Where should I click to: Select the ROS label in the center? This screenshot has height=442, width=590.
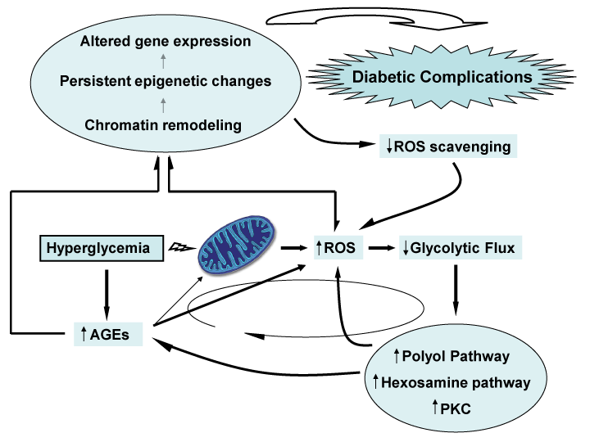(338, 246)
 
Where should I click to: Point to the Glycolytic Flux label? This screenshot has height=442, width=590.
(460, 246)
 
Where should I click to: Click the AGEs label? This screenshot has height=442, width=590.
(108, 333)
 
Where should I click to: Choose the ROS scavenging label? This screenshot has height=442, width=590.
(448, 147)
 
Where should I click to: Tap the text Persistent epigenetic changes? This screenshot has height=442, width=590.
(166, 82)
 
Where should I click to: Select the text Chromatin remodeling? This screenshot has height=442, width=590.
(163, 124)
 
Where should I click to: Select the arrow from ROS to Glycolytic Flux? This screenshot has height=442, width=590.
(379, 246)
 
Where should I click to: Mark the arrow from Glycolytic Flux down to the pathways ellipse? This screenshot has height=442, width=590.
(454, 291)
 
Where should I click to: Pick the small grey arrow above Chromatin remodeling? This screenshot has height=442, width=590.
(164, 104)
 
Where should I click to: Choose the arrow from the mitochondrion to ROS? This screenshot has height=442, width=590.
(293, 246)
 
